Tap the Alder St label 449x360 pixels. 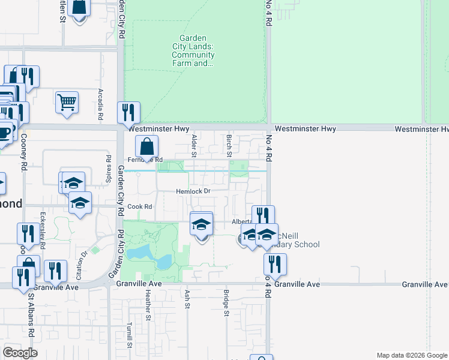pyautogui.click(x=194, y=146)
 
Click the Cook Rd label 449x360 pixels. pyautogui.click(x=139, y=206)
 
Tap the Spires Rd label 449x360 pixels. pyautogui.click(x=109, y=167)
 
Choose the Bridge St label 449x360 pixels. pyautogui.click(x=226, y=302)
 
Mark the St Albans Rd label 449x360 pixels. pyautogui.click(x=31, y=308)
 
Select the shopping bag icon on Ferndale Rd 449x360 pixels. pyautogui.click(x=146, y=146)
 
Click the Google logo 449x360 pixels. pyautogui.click(x=20, y=353)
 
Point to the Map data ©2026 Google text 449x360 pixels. pyautogui.click(x=411, y=355)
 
